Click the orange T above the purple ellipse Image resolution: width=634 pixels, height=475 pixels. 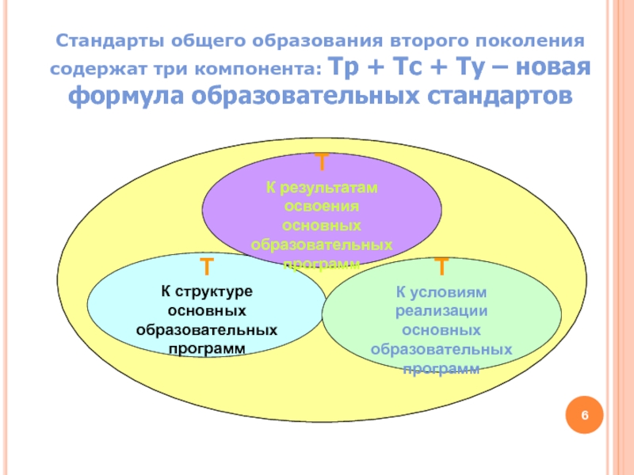coord(322,164)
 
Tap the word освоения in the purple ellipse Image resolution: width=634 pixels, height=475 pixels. coord(322,207)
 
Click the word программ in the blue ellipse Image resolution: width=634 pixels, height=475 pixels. coord(206,348)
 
